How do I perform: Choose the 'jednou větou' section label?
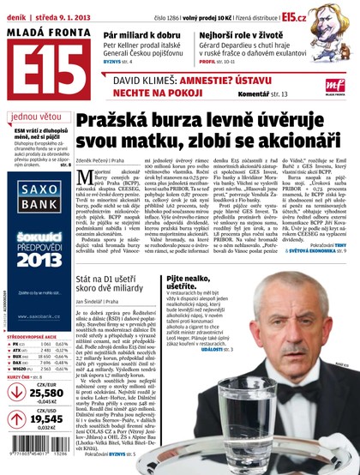point(37,117)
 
